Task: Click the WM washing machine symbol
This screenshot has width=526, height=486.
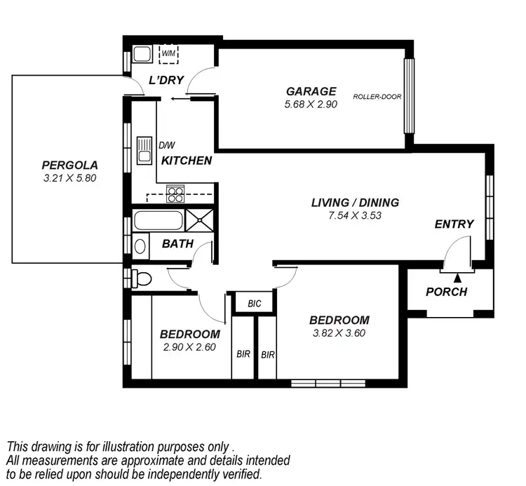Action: point(169,53)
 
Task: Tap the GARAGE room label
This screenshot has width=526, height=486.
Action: point(311,91)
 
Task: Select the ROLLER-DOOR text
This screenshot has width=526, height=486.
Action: point(377,97)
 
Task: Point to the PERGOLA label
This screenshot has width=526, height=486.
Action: point(69,166)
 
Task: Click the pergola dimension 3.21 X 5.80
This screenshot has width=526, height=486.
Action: point(69,178)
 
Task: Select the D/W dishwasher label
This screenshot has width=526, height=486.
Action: point(166,146)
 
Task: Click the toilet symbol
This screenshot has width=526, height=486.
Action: point(141,279)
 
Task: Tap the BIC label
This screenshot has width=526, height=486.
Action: point(254,304)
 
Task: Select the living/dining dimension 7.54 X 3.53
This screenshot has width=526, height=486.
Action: point(355,216)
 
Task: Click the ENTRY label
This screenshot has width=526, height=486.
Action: point(454,224)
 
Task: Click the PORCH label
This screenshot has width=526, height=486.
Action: point(446,292)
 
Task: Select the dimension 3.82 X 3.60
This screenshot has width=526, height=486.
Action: point(339,333)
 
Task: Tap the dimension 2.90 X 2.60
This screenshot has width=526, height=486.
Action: point(189,347)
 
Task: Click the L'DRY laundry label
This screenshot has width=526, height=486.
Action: point(166,81)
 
